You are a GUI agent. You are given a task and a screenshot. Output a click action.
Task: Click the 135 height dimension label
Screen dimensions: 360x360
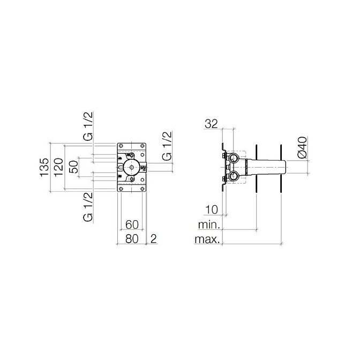click(x=44, y=167)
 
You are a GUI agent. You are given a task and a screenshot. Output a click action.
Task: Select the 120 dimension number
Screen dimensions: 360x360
click(x=58, y=167)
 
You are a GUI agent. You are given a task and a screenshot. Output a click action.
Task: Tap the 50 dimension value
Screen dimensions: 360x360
click(x=73, y=167)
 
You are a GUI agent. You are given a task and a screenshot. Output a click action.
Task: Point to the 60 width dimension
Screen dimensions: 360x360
click(x=132, y=224)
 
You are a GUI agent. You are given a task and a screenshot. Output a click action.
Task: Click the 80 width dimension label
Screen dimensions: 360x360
click(x=132, y=239)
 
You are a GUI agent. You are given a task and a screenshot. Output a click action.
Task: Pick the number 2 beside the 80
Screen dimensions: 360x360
click(x=154, y=239)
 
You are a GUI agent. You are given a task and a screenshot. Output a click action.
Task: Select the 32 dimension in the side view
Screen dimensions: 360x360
click(x=211, y=124)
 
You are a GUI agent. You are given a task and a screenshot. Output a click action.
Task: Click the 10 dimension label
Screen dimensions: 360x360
click(x=212, y=209)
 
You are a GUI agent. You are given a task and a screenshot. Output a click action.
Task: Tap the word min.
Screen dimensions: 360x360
click(x=209, y=225)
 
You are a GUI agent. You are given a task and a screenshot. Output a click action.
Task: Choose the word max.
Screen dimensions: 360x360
click(x=207, y=239)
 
